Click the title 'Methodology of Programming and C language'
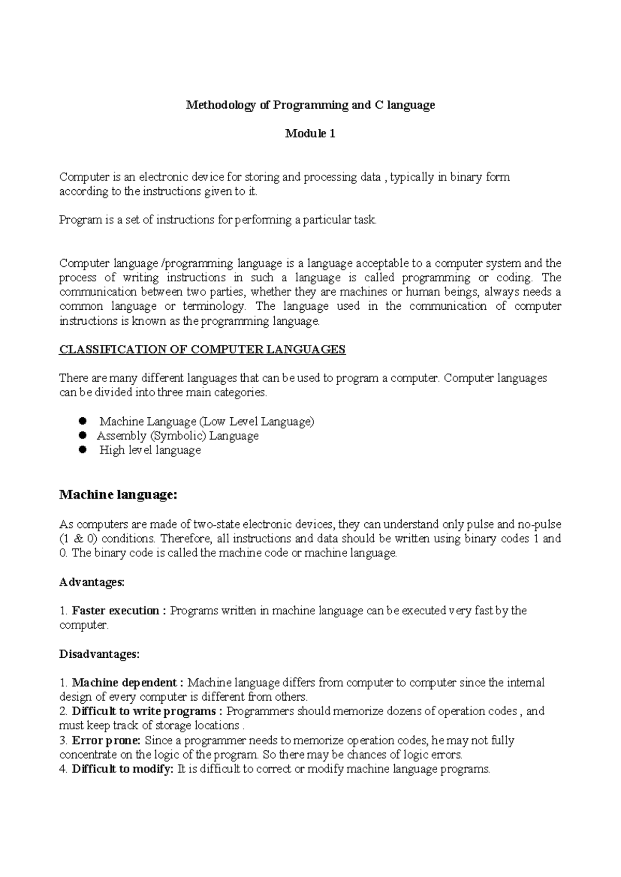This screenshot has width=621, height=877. click(x=310, y=105)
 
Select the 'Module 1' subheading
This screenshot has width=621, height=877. click(x=310, y=134)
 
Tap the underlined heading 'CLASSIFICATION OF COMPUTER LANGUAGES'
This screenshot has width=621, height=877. click(x=202, y=350)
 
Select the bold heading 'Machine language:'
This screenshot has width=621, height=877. click(x=119, y=495)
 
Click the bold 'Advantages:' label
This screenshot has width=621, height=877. click(x=92, y=582)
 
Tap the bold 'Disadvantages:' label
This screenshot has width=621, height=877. click(x=99, y=654)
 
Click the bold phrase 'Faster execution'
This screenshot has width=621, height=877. click(x=115, y=611)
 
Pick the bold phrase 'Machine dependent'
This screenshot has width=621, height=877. click(x=124, y=683)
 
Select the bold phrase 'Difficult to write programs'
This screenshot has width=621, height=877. click(x=143, y=711)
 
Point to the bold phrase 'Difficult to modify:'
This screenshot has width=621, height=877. click(x=122, y=769)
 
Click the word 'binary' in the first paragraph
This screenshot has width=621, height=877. click(x=466, y=177)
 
